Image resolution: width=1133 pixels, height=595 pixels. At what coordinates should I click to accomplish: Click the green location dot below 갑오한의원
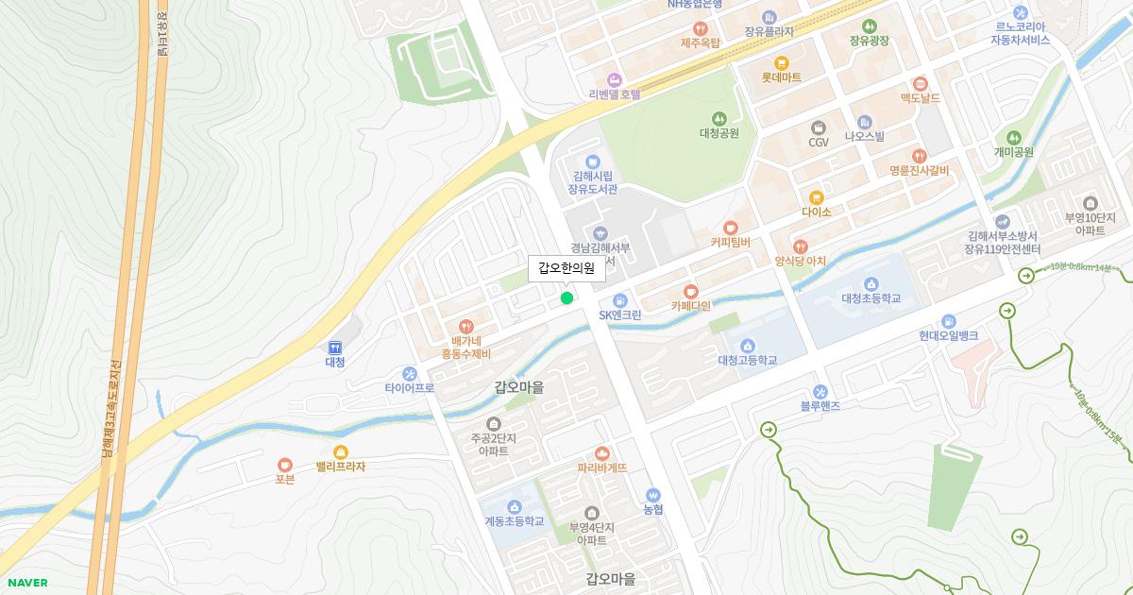click(566, 298)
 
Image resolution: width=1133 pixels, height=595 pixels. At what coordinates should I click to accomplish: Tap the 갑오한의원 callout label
click(566, 268)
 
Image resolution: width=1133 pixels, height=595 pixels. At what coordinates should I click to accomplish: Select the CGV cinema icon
click(818, 127)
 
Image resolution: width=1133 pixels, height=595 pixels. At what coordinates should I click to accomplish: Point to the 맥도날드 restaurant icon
click(920, 83)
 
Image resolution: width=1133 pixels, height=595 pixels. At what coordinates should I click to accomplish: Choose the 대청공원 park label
click(719, 133)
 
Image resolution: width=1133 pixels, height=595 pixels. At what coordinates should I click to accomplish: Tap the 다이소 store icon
click(816, 197)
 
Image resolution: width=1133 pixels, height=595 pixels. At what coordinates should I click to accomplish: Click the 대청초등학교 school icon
click(871, 283)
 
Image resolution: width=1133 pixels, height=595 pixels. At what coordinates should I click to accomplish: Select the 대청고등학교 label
click(747, 360)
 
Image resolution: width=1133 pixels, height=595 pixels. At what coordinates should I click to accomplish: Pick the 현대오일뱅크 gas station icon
click(948, 321)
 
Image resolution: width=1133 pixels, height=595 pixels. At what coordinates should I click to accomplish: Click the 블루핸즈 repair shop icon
click(820, 391)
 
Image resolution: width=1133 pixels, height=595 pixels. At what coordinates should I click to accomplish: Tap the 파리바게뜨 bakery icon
click(602, 452)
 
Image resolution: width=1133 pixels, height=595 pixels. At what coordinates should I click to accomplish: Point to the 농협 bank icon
click(653, 494)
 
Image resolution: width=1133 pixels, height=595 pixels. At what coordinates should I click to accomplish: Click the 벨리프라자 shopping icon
click(340, 451)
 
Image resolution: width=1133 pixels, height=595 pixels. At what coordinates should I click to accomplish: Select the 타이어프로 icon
click(409, 373)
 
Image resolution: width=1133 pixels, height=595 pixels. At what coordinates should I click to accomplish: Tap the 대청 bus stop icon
click(335, 348)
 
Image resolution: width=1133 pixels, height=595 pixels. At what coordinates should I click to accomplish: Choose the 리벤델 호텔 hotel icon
click(615, 79)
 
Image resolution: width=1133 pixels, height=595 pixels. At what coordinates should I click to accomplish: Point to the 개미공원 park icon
click(1014, 137)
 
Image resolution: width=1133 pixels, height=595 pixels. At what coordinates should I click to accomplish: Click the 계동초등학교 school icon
click(514, 506)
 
